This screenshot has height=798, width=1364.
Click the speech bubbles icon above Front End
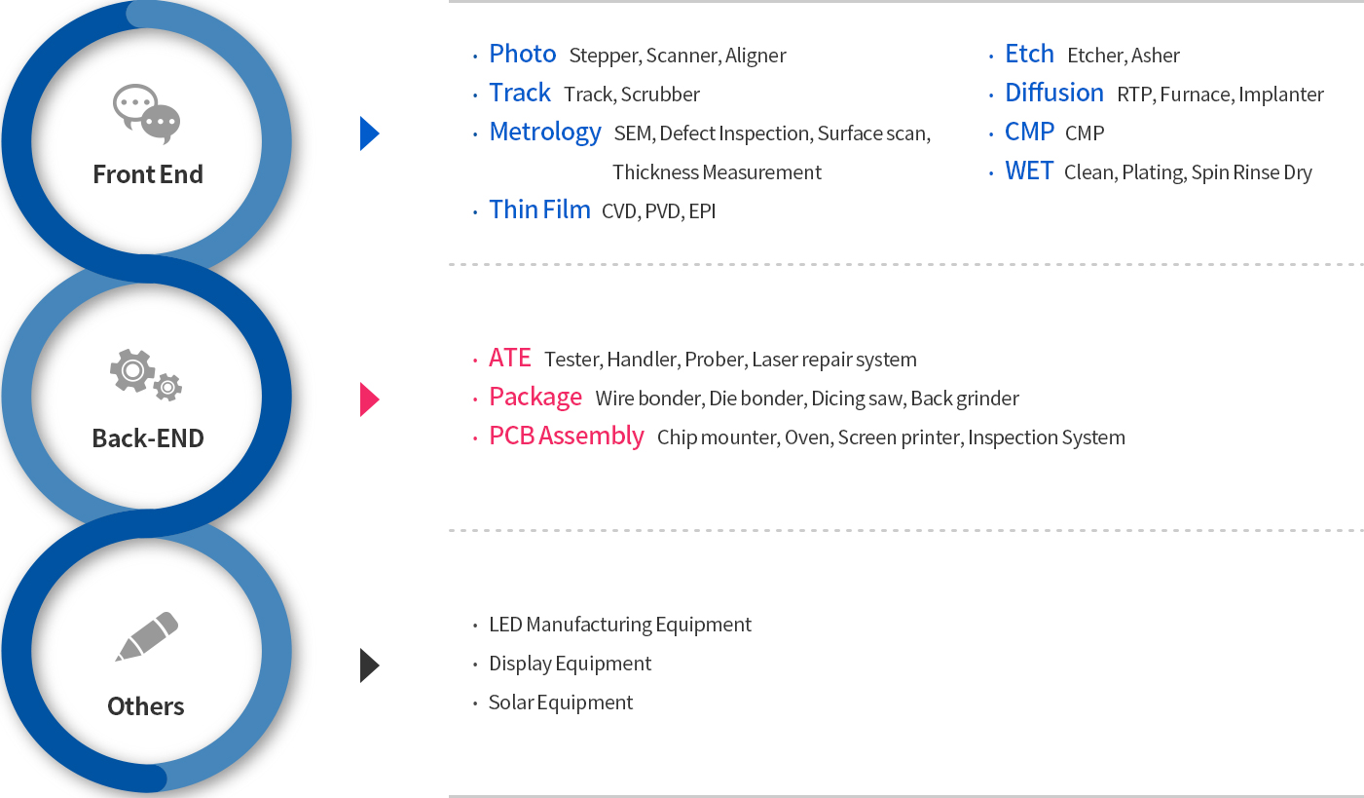(x=147, y=114)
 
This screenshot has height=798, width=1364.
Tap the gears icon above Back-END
(x=146, y=375)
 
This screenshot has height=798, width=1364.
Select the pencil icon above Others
(x=147, y=636)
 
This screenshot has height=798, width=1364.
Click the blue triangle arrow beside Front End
(x=370, y=133)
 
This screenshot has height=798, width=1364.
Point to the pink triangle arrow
(x=370, y=399)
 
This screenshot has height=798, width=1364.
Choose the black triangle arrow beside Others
(x=370, y=665)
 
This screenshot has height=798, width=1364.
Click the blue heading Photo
(x=523, y=55)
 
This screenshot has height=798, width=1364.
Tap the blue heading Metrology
(x=545, y=133)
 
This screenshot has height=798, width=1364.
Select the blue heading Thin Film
(x=539, y=209)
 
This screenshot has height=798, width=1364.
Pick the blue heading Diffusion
(x=1054, y=93)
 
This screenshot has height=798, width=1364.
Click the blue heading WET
(x=1029, y=171)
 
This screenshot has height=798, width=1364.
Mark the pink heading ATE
(x=509, y=358)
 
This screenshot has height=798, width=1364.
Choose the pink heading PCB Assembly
(x=567, y=437)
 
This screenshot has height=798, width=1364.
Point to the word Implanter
(x=1281, y=95)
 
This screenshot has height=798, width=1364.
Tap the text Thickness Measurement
(x=717, y=172)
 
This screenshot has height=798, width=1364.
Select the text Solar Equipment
(x=560, y=703)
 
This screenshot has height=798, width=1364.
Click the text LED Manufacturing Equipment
(x=620, y=625)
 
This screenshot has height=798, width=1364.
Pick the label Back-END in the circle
(x=147, y=438)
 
